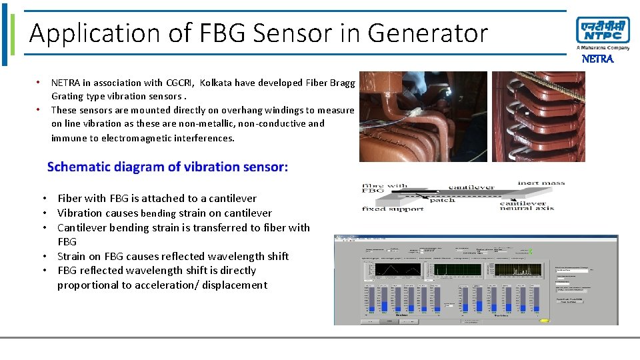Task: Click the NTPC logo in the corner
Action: (603, 33)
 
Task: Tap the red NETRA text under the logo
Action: (598, 59)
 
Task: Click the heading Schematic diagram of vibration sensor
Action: (167, 167)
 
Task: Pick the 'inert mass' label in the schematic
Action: (541, 183)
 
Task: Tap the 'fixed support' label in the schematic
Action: (393, 209)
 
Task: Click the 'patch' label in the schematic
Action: (442, 199)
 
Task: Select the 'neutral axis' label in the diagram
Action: (527, 208)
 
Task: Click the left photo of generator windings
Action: (423, 117)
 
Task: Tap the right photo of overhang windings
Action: (538, 117)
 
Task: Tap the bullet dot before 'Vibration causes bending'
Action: (43, 213)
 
